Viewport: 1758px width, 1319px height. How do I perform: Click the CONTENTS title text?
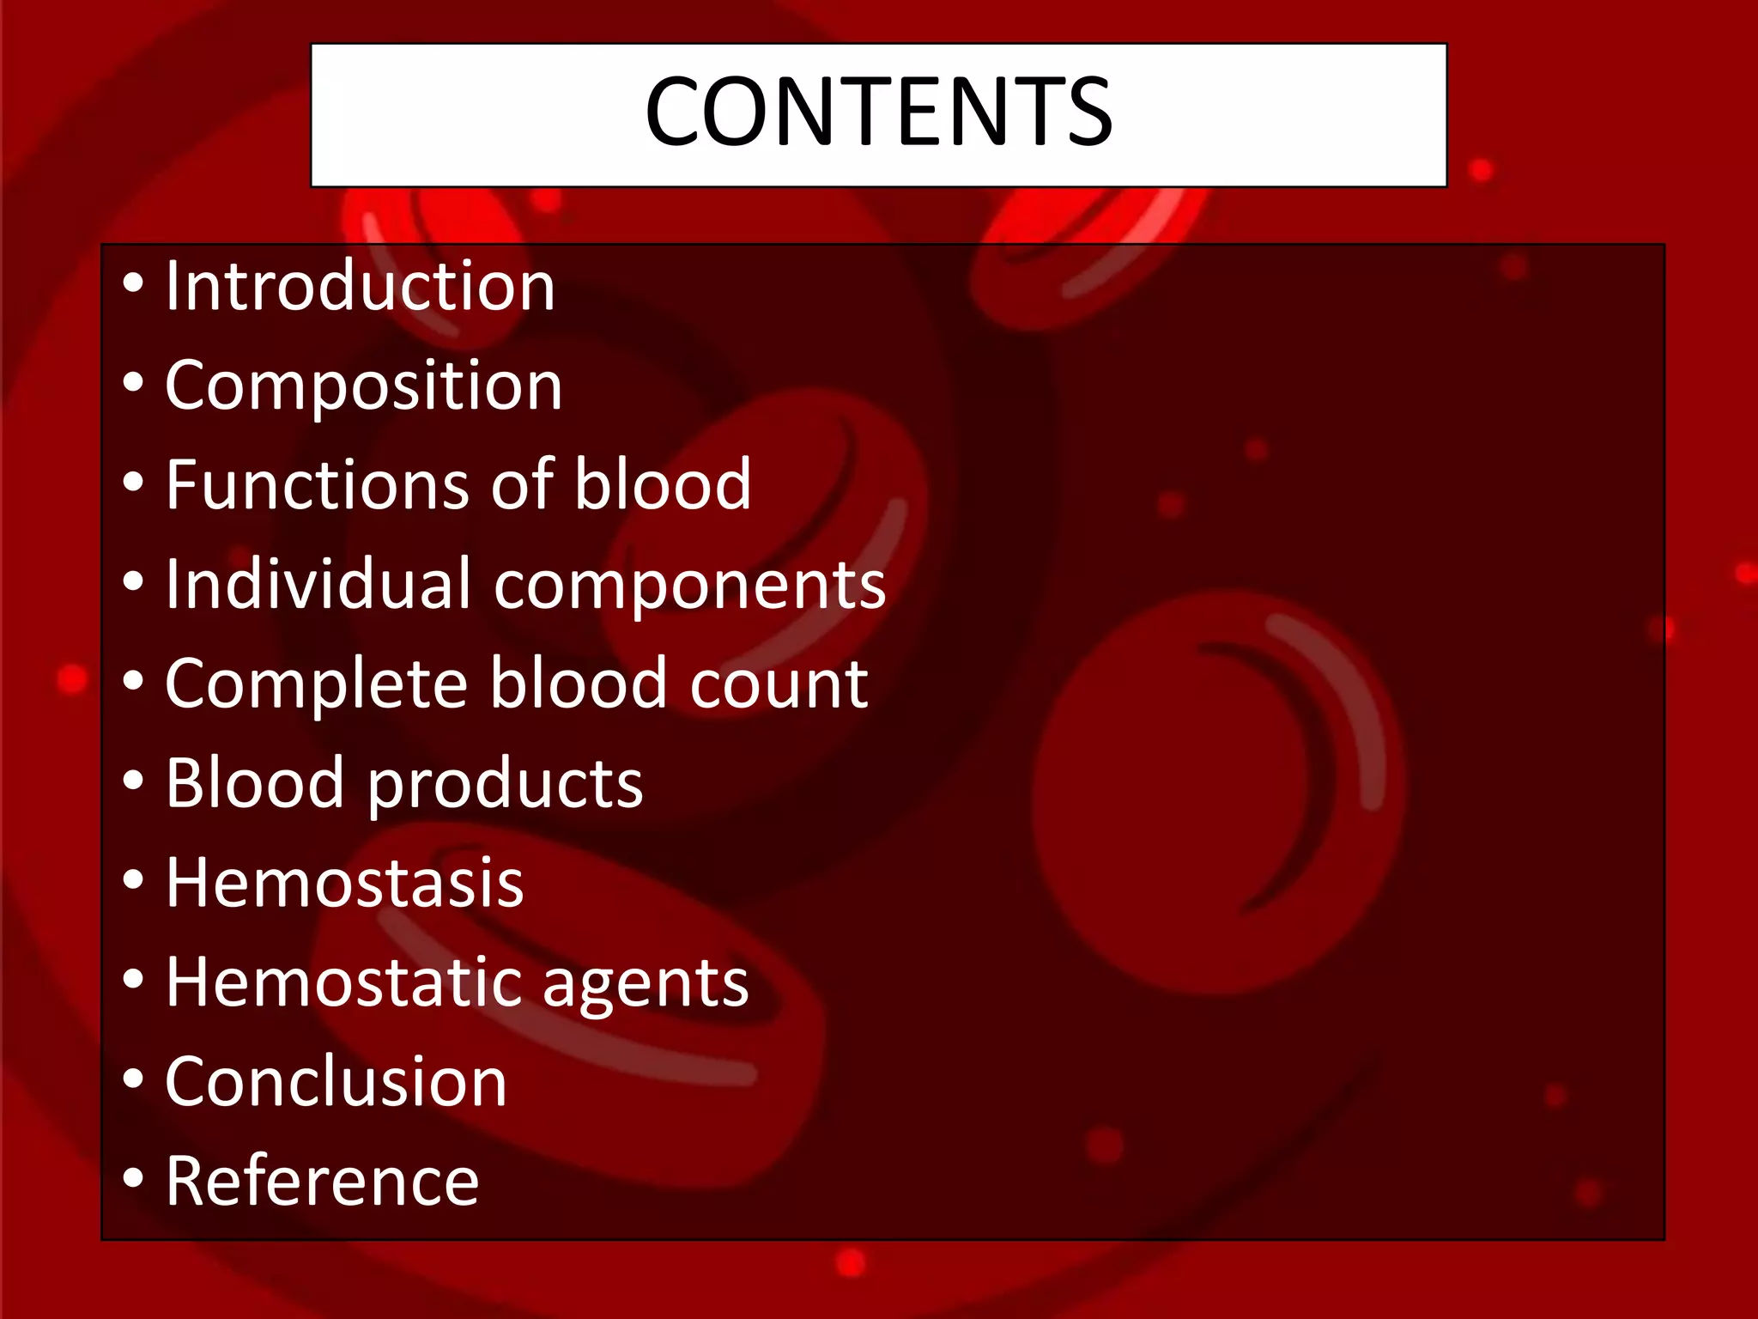click(878, 112)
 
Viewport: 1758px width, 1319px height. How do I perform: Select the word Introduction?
click(360, 286)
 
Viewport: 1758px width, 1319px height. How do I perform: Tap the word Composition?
click(363, 386)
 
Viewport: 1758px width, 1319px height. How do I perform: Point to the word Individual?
click(318, 585)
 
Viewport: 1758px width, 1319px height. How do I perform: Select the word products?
click(506, 785)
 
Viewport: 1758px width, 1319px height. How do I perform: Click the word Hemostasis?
click(344, 884)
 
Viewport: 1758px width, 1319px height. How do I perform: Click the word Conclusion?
click(336, 1082)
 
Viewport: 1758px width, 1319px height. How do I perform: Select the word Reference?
click(322, 1182)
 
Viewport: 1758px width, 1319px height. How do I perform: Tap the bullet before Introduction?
click(132, 283)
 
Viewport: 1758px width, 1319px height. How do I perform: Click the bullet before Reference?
click(132, 1178)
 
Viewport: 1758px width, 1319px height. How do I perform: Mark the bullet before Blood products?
click(132, 781)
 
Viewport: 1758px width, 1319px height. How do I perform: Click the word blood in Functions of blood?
click(662, 485)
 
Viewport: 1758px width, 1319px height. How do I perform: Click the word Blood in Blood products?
click(254, 783)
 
